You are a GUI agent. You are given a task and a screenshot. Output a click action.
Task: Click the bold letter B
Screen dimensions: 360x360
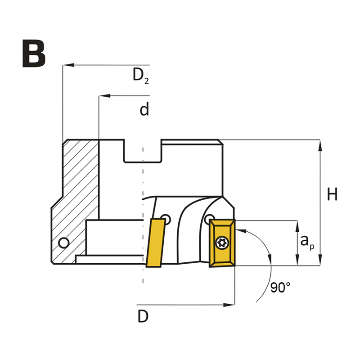pos(34,54)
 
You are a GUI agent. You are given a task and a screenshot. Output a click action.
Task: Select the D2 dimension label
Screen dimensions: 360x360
pos(141,76)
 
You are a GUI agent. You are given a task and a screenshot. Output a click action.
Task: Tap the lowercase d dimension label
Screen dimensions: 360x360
pos(144,109)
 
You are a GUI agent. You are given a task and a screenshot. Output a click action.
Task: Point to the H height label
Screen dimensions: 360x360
pos(332,194)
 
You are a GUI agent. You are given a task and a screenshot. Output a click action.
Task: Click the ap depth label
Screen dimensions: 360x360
pos(307,242)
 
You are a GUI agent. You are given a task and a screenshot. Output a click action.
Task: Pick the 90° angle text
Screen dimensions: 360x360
pos(280,287)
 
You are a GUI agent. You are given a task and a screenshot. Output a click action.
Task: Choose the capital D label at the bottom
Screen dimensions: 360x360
pos(143,316)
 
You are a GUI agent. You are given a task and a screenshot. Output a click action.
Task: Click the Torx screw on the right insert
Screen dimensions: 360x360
pos(222,243)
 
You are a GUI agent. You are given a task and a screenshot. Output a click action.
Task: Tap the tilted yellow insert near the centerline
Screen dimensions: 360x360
pos(155,243)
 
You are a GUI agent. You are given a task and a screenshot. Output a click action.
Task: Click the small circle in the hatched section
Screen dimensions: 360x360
pos(63,243)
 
